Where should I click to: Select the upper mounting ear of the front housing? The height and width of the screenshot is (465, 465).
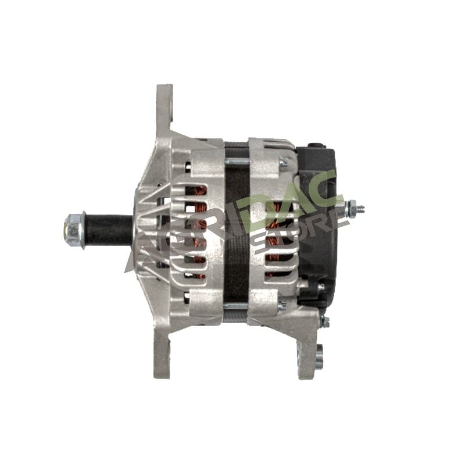pyautogui.click(x=164, y=109)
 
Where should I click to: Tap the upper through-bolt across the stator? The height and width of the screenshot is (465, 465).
pyautogui.click(x=237, y=162)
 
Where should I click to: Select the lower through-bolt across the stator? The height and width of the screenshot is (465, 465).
pyautogui.click(x=236, y=306)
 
